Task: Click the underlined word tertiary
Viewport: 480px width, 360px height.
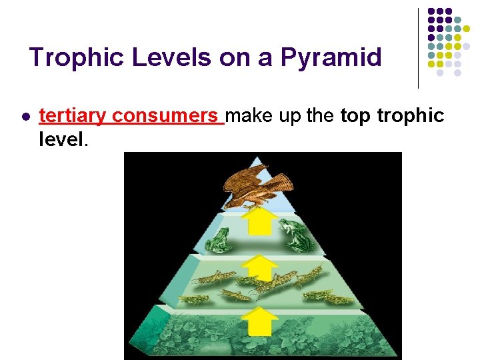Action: (x=73, y=116)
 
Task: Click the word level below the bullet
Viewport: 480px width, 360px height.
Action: (x=61, y=139)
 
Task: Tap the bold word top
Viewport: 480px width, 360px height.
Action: (x=356, y=116)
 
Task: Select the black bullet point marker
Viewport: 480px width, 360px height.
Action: (x=25, y=117)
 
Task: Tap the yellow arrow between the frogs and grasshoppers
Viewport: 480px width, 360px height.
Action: (x=259, y=269)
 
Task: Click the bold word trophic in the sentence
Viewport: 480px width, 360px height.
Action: (x=411, y=116)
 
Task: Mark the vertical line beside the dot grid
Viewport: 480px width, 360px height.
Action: (x=418, y=48)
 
